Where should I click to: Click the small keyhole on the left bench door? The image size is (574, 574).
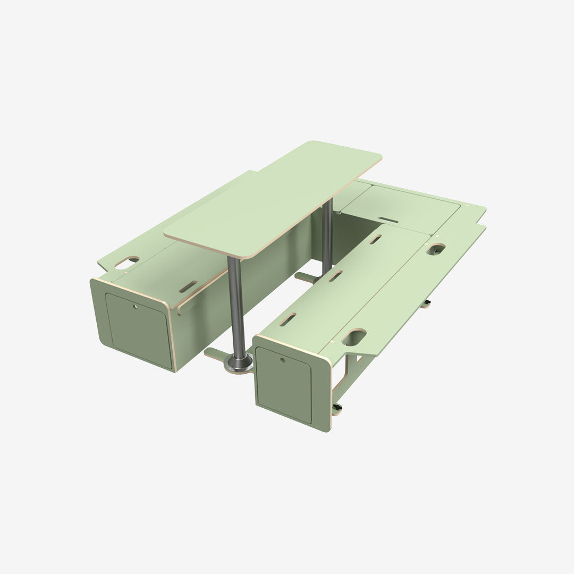point(133,306)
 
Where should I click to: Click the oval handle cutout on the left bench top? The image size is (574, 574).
point(127,261)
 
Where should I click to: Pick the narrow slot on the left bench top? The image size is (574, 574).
point(188,287)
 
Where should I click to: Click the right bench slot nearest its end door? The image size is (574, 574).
point(288,320)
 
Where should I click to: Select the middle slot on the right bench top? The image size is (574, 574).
point(335,276)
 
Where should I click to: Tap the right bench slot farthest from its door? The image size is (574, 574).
point(375,240)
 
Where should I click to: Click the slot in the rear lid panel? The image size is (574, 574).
point(389,218)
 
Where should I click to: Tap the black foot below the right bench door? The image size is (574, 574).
point(337,408)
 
